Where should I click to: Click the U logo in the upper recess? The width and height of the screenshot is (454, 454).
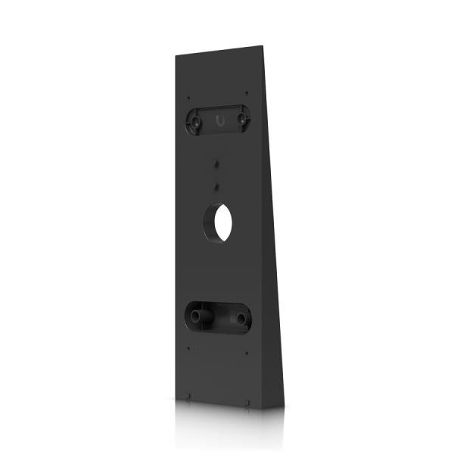pos(219,120)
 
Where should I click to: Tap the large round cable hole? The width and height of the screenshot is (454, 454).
pos(221,219)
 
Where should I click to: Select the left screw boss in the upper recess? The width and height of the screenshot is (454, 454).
pos(195,119)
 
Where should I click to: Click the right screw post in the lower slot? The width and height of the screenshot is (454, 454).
pos(241,319)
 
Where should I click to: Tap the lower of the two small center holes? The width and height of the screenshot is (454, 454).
pos(217,184)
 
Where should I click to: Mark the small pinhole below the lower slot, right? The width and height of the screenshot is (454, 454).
pos(247,353)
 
